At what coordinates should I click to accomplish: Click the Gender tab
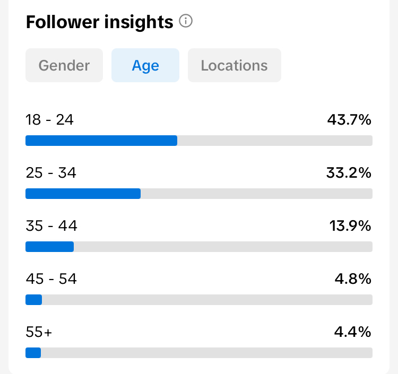(64, 65)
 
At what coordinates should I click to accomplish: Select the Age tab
(145, 65)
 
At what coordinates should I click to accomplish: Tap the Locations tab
(234, 65)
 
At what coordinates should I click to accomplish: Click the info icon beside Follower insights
(186, 21)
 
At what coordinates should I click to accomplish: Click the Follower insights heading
(99, 22)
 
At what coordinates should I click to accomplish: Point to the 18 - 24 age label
(49, 120)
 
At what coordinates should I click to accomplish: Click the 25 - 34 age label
(51, 173)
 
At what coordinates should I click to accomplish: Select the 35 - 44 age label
(51, 226)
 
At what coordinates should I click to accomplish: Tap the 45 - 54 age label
(51, 279)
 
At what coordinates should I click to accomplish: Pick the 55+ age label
(39, 332)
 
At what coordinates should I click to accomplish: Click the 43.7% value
(349, 120)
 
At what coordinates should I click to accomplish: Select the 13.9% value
(350, 226)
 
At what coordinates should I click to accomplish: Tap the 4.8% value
(353, 279)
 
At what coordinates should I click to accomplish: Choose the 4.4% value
(353, 332)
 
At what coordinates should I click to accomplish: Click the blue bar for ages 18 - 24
(101, 141)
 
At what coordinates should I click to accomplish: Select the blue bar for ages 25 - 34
(83, 194)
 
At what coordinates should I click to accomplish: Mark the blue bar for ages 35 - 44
(49, 247)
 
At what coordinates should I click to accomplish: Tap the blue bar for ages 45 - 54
(33, 300)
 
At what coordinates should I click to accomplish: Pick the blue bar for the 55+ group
(33, 353)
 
